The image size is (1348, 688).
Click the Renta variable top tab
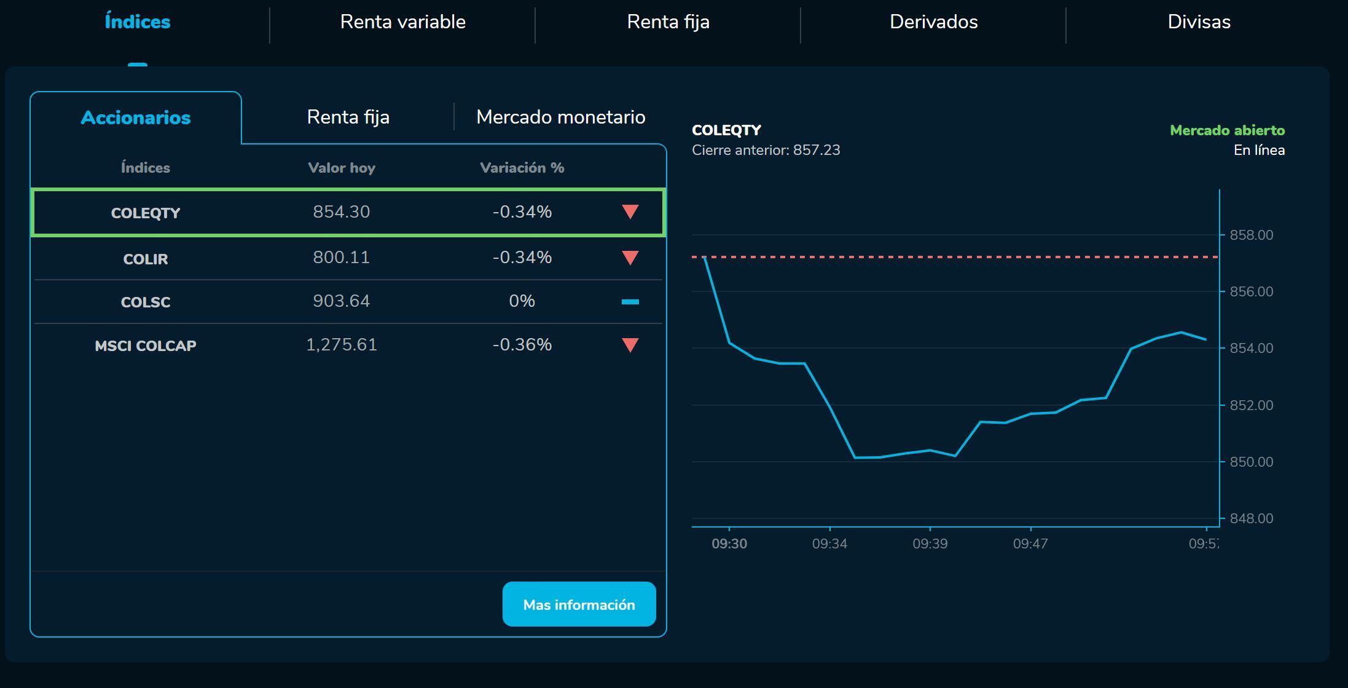pos(402,22)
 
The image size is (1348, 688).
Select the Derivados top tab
pos(933,22)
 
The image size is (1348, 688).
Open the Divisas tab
pos(1199,22)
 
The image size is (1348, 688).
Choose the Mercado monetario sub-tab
pos(560,117)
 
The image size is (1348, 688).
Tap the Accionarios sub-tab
pos(136,117)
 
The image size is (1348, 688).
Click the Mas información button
pos(579,604)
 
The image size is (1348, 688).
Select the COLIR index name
pos(146,259)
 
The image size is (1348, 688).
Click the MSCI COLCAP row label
pos(146,346)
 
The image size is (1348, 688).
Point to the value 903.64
pos(341,301)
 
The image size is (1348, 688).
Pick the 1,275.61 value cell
pos(341,345)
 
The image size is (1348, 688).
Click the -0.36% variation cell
pos(522,345)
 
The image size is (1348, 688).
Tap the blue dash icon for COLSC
pos(630,302)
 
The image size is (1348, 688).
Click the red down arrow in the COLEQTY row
pos(630,212)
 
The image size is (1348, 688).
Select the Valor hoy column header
pos(341,168)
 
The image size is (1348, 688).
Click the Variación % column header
pos(522,168)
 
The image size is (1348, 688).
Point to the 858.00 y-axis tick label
pos(1251,235)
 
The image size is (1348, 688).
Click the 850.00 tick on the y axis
pos(1251,462)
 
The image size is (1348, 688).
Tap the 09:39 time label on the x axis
pos(930,544)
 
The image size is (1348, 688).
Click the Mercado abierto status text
pos(1227,130)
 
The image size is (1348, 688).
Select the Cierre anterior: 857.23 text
pos(766,150)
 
